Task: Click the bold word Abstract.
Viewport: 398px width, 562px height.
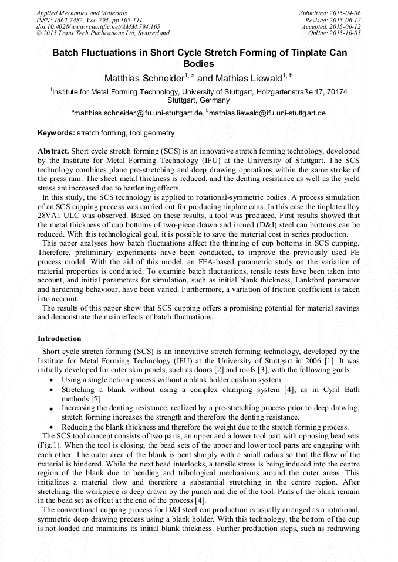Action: coord(53,151)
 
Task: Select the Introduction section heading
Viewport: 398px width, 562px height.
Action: coord(59,339)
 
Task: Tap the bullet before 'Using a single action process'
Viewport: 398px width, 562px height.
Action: coord(52,380)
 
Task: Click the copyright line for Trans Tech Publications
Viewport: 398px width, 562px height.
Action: coord(103,33)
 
